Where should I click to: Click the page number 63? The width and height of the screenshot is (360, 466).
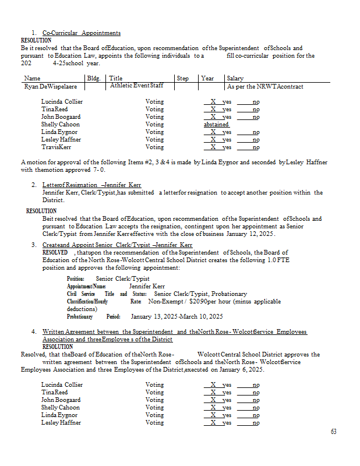[x=333, y=432]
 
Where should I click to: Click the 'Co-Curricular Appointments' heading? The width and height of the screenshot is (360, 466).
[x=82, y=33]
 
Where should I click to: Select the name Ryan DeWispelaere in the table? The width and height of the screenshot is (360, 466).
[x=52, y=86]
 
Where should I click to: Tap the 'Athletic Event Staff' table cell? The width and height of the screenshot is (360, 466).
[x=136, y=86]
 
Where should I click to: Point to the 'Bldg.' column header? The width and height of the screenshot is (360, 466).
[x=93, y=78]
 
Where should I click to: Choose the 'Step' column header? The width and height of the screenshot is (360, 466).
[x=182, y=78]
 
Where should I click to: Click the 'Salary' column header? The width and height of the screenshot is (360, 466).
[x=235, y=78]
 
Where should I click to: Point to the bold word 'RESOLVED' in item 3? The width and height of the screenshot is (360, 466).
[x=55, y=252]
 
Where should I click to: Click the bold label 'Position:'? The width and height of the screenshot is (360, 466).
[x=76, y=279]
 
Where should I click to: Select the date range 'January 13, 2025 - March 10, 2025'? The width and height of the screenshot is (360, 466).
[x=177, y=317]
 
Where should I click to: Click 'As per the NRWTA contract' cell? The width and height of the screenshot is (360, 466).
[x=265, y=86]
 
